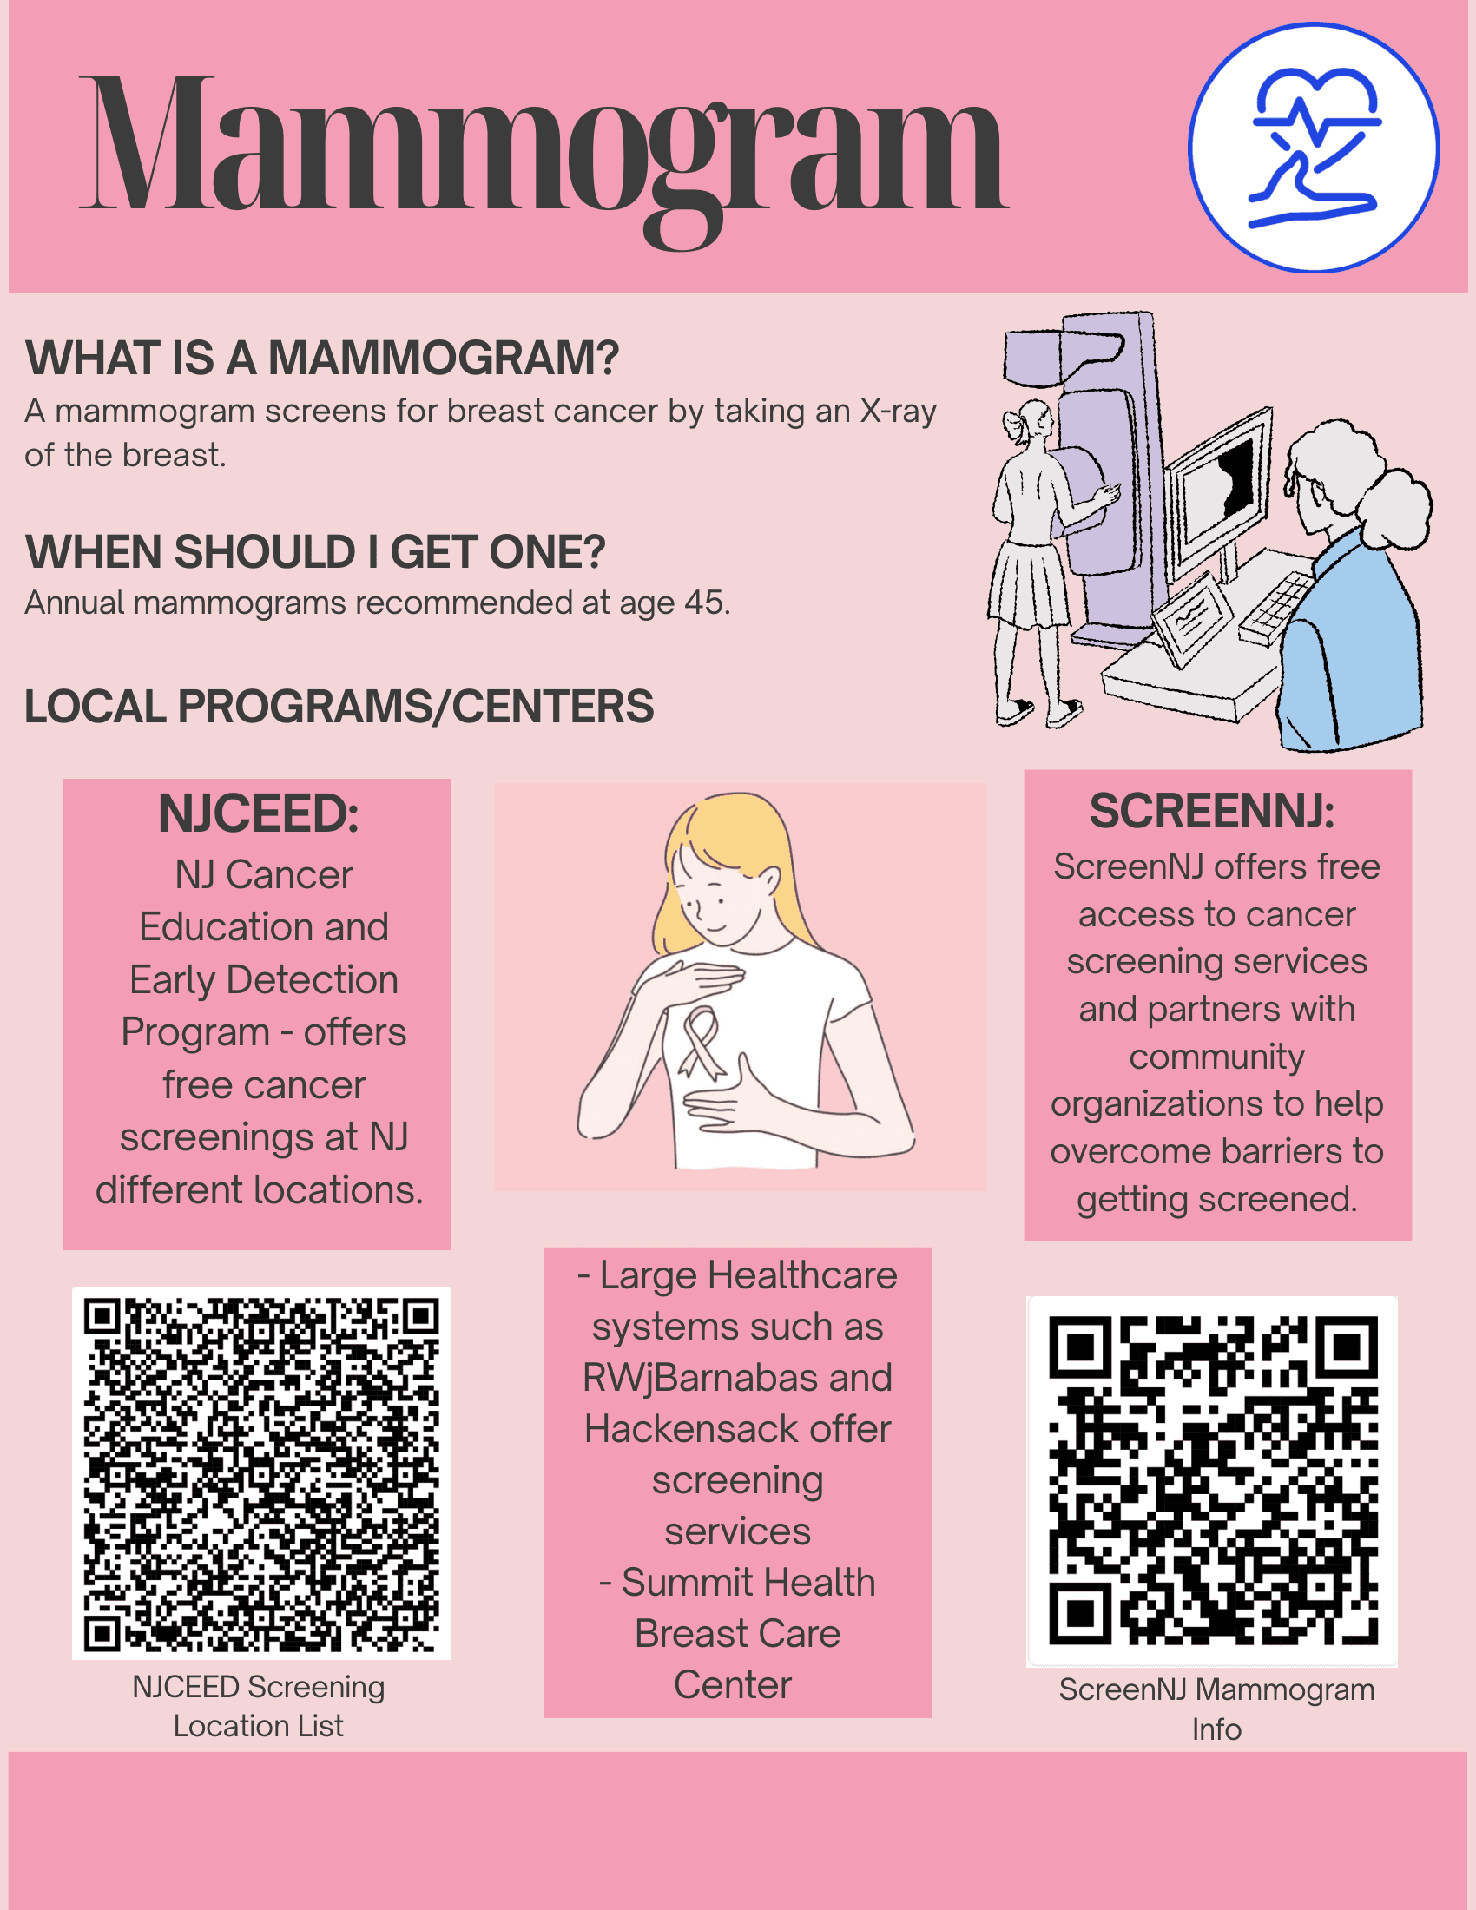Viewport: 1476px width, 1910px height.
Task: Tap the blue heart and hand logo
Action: pyautogui.click(x=1314, y=148)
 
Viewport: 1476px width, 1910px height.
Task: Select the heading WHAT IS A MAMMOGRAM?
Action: pyautogui.click(x=322, y=358)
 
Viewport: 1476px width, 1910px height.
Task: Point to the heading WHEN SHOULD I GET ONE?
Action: pyautogui.click(x=315, y=552)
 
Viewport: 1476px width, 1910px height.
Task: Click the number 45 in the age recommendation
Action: pyautogui.click(x=704, y=603)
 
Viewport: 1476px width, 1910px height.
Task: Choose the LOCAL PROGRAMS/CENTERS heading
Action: pyautogui.click(x=339, y=706)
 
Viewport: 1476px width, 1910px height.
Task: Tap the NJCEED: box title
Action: pyautogui.click(x=258, y=813)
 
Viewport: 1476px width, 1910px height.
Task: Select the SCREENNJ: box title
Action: pyautogui.click(x=1212, y=811)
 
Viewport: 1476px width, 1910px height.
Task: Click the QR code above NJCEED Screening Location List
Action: pyautogui.click(x=261, y=1473)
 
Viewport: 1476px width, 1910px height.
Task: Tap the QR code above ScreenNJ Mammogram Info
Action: pyautogui.click(x=1212, y=1480)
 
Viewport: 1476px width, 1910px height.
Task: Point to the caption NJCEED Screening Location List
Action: pyautogui.click(x=258, y=1706)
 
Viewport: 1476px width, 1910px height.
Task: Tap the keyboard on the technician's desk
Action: pyautogui.click(x=1278, y=605)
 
